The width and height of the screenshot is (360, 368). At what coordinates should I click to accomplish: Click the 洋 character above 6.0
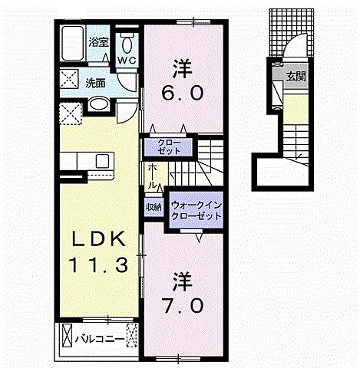coord(181,68)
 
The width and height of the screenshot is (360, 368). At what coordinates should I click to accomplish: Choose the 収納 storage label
coord(153,207)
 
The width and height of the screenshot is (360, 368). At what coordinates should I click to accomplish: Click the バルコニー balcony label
coord(99,336)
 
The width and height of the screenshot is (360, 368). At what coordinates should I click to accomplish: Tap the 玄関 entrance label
coord(296,75)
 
